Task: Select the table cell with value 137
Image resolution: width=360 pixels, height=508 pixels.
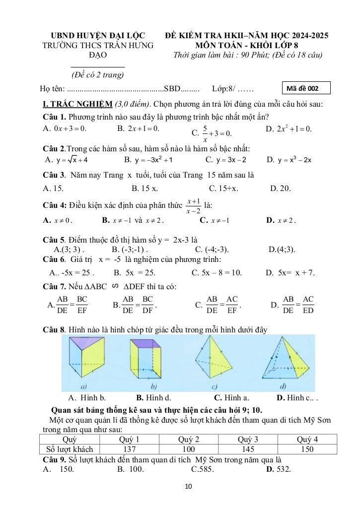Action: pyautogui.click(x=129, y=449)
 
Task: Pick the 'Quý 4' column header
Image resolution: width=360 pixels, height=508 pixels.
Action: pyautogui.click(x=307, y=439)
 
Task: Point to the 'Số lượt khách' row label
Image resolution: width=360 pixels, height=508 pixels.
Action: pyautogui.click(x=70, y=449)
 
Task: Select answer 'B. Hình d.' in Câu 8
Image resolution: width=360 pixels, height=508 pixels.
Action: pyautogui.click(x=153, y=397)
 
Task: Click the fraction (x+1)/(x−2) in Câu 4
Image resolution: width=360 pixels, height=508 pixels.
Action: pyautogui.click(x=193, y=206)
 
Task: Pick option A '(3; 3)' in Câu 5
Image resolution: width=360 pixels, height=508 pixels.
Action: pyautogui.click(x=69, y=249)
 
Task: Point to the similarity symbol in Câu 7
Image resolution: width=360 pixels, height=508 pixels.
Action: pyautogui.click(x=115, y=286)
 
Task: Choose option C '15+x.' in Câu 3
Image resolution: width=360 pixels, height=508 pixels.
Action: pyautogui.click(x=223, y=188)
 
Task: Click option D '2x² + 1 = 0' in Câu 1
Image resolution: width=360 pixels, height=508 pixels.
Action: pyautogui.click(x=289, y=129)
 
